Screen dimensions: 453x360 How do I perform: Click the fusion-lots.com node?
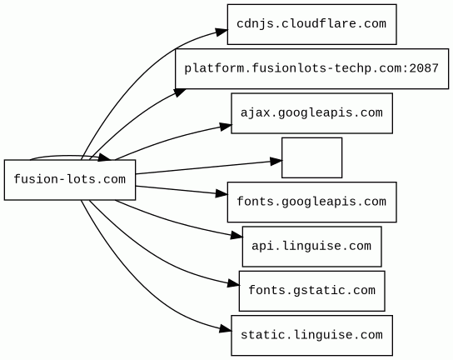(x=70, y=179)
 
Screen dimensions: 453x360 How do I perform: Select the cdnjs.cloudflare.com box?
(x=311, y=24)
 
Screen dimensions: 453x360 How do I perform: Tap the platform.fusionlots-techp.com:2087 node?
(x=311, y=69)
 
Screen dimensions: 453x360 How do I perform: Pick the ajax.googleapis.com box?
(x=311, y=113)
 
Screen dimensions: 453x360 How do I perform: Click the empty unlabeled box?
(x=311, y=157)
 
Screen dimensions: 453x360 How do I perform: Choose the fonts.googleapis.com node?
(x=311, y=202)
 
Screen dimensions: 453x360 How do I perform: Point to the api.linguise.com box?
(x=311, y=247)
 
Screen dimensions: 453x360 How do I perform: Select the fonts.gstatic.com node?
(x=311, y=291)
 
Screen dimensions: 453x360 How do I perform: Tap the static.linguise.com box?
(x=311, y=336)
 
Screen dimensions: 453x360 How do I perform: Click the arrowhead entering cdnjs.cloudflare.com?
(x=222, y=32)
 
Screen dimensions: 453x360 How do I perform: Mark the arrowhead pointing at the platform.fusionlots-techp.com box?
(x=180, y=92)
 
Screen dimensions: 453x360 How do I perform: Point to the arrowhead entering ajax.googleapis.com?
(x=226, y=127)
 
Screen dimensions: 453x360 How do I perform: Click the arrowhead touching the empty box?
(x=276, y=161)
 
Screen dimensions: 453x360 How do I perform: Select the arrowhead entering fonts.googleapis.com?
(x=222, y=193)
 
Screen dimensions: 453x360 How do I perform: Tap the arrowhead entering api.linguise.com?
(x=236, y=236)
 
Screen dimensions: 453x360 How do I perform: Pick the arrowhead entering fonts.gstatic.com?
(x=233, y=283)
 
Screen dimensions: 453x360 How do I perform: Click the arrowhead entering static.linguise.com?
(x=226, y=329)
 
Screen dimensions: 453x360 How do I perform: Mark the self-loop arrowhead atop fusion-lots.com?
(x=104, y=157)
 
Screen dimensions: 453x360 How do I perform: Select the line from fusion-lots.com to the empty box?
(x=208, y=167)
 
